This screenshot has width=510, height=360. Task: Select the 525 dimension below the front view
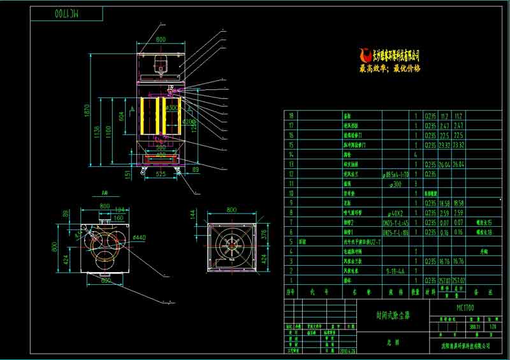[x=161, y=173]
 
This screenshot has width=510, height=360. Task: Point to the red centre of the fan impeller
[x=231, y=245]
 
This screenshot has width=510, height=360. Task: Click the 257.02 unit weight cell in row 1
[x=440, y=280]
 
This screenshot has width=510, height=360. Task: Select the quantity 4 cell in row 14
[x=416, y=154]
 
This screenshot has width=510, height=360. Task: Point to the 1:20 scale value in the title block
[x=492, y=327]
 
